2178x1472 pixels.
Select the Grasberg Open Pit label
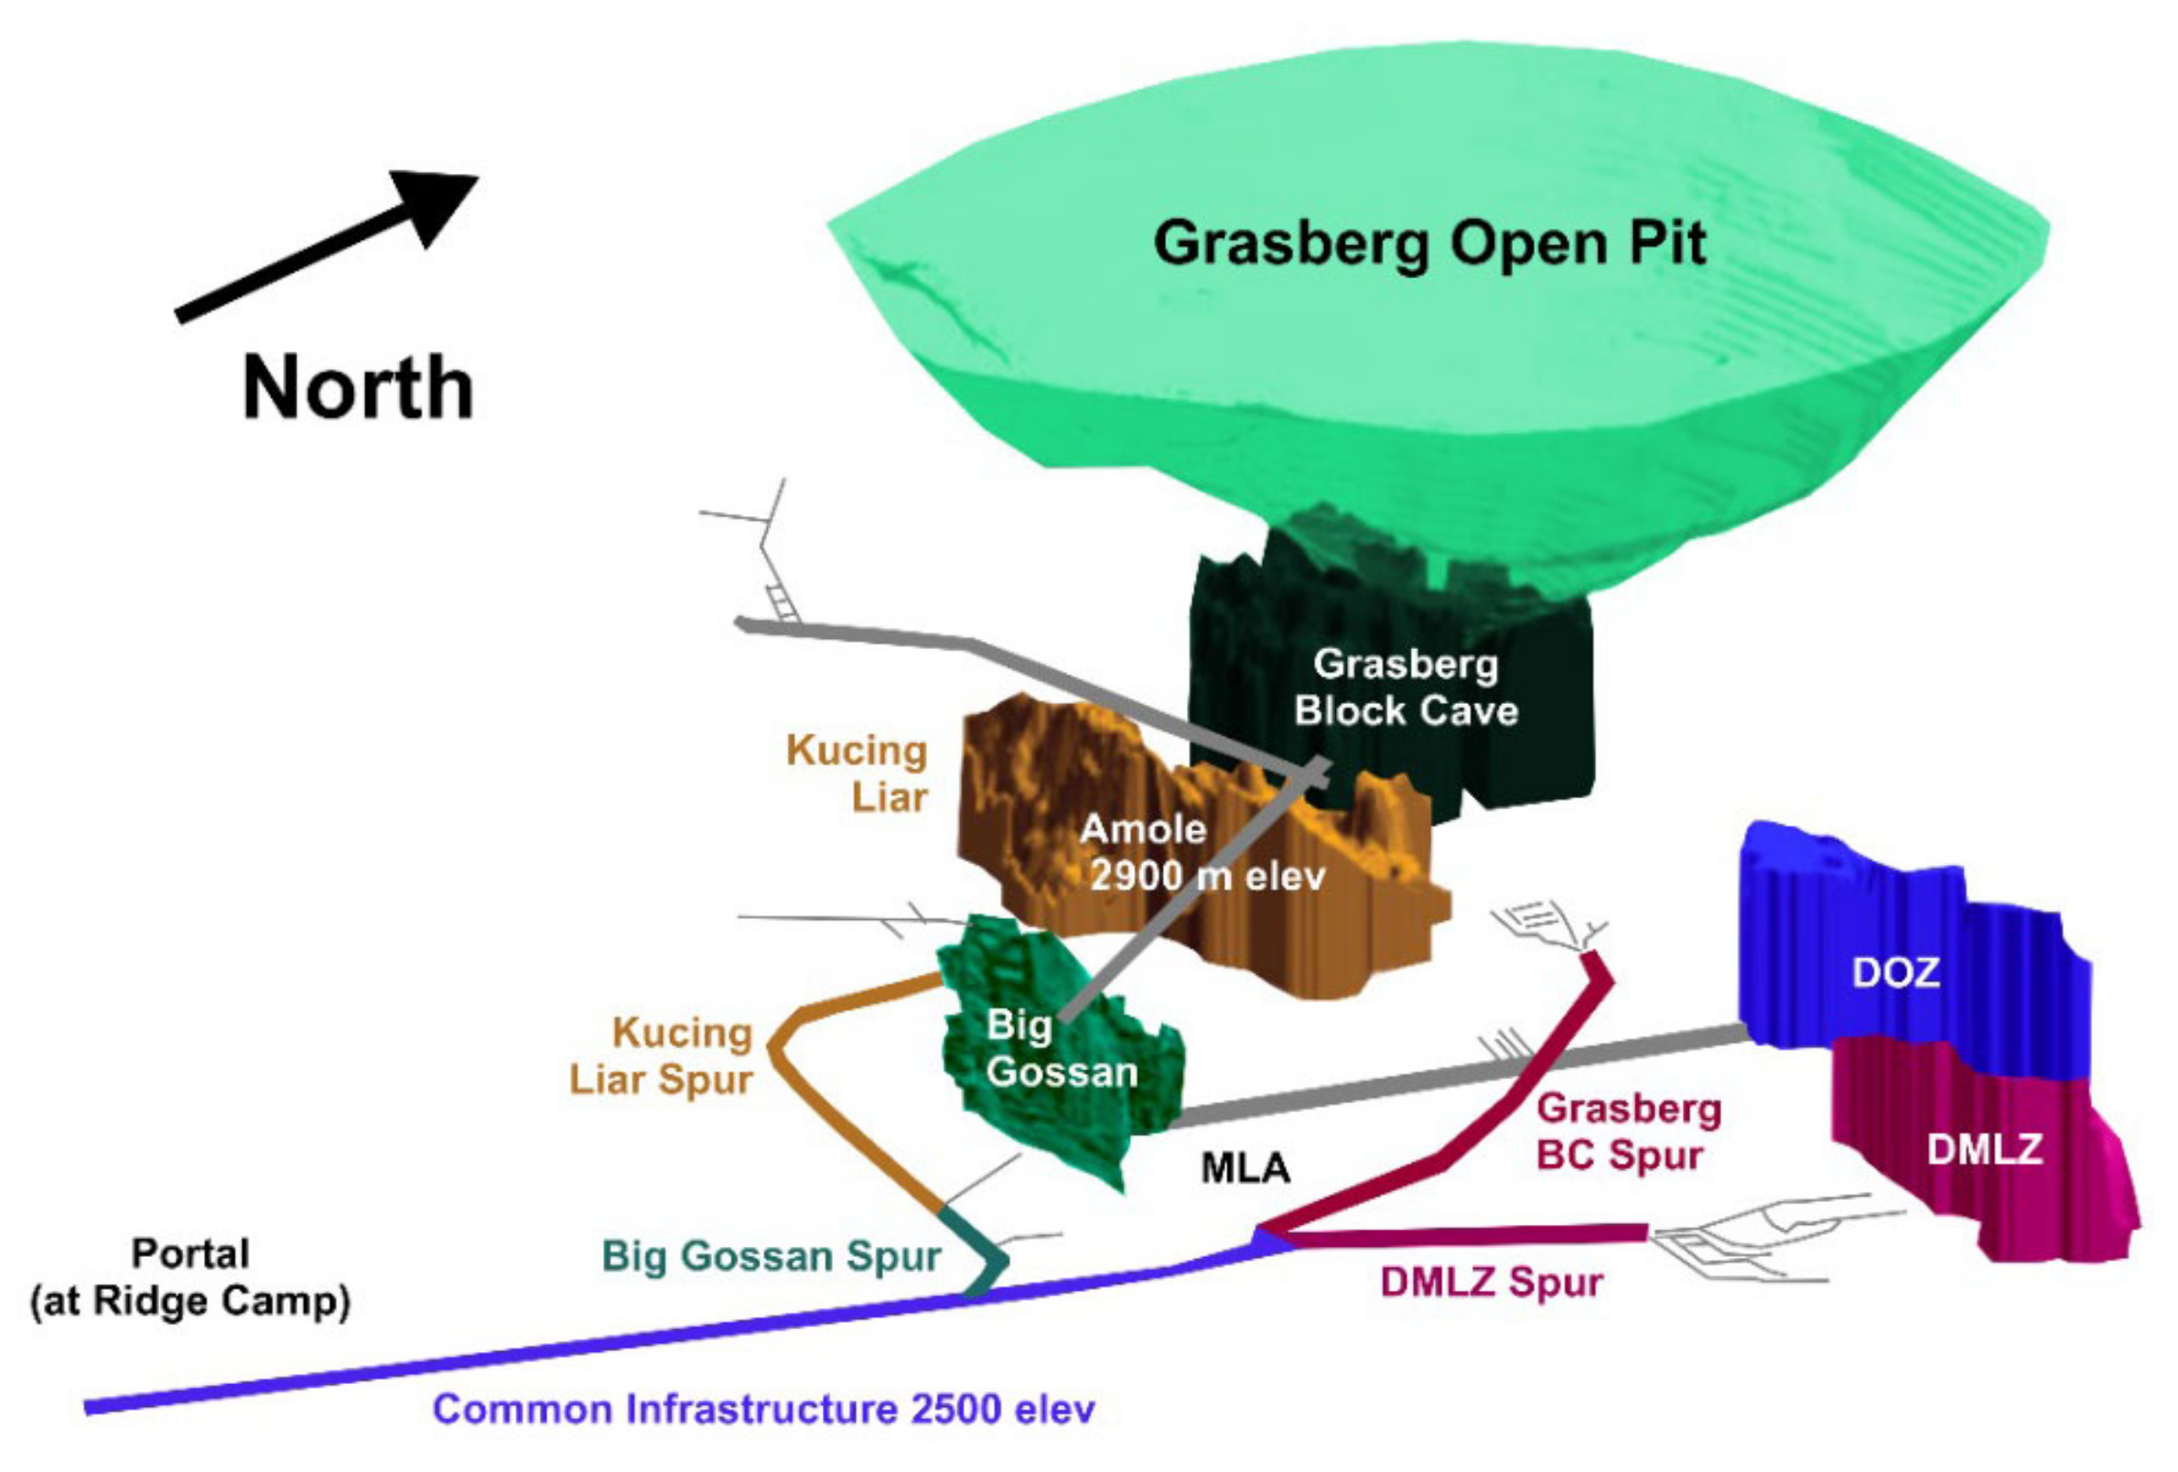pyautogui.click(x=1429, y=244)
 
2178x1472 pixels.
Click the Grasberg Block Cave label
pyautogui.click(x=1406, y=687)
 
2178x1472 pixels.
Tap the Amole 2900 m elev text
pyautogui.click(x=1200, y=852)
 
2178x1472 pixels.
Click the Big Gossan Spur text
pyautogui.click(x=771, y=1256)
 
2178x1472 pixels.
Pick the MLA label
pyautogui.click(x=1245, y=1168)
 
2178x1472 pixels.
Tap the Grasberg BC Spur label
pyautogui.click(x=1628, y=1131)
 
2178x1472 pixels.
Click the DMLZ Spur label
pyautogui.click(x=1491, y=1282)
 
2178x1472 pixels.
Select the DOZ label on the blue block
pyautogui.click(x=1895, y=973)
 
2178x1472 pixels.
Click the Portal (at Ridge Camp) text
pyautogui.click(x=190, y=1277)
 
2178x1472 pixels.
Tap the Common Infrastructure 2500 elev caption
pyautogui.click(x=763, y=1409)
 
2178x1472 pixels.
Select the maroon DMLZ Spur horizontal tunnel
pyautogui.click(x=1472, y=1235)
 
